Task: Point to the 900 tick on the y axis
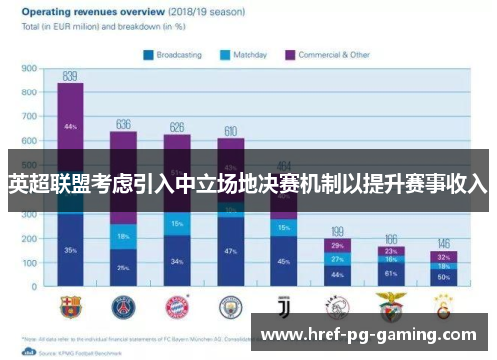pos(29,69)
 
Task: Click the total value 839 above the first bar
pos(70,75)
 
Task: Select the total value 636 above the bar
pos(123,124)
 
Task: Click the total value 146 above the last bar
pos(443,244)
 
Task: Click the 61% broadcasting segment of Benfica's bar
pos(390,273)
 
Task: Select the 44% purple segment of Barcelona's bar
pos(70,127)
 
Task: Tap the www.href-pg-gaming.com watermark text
pos(368,335)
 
